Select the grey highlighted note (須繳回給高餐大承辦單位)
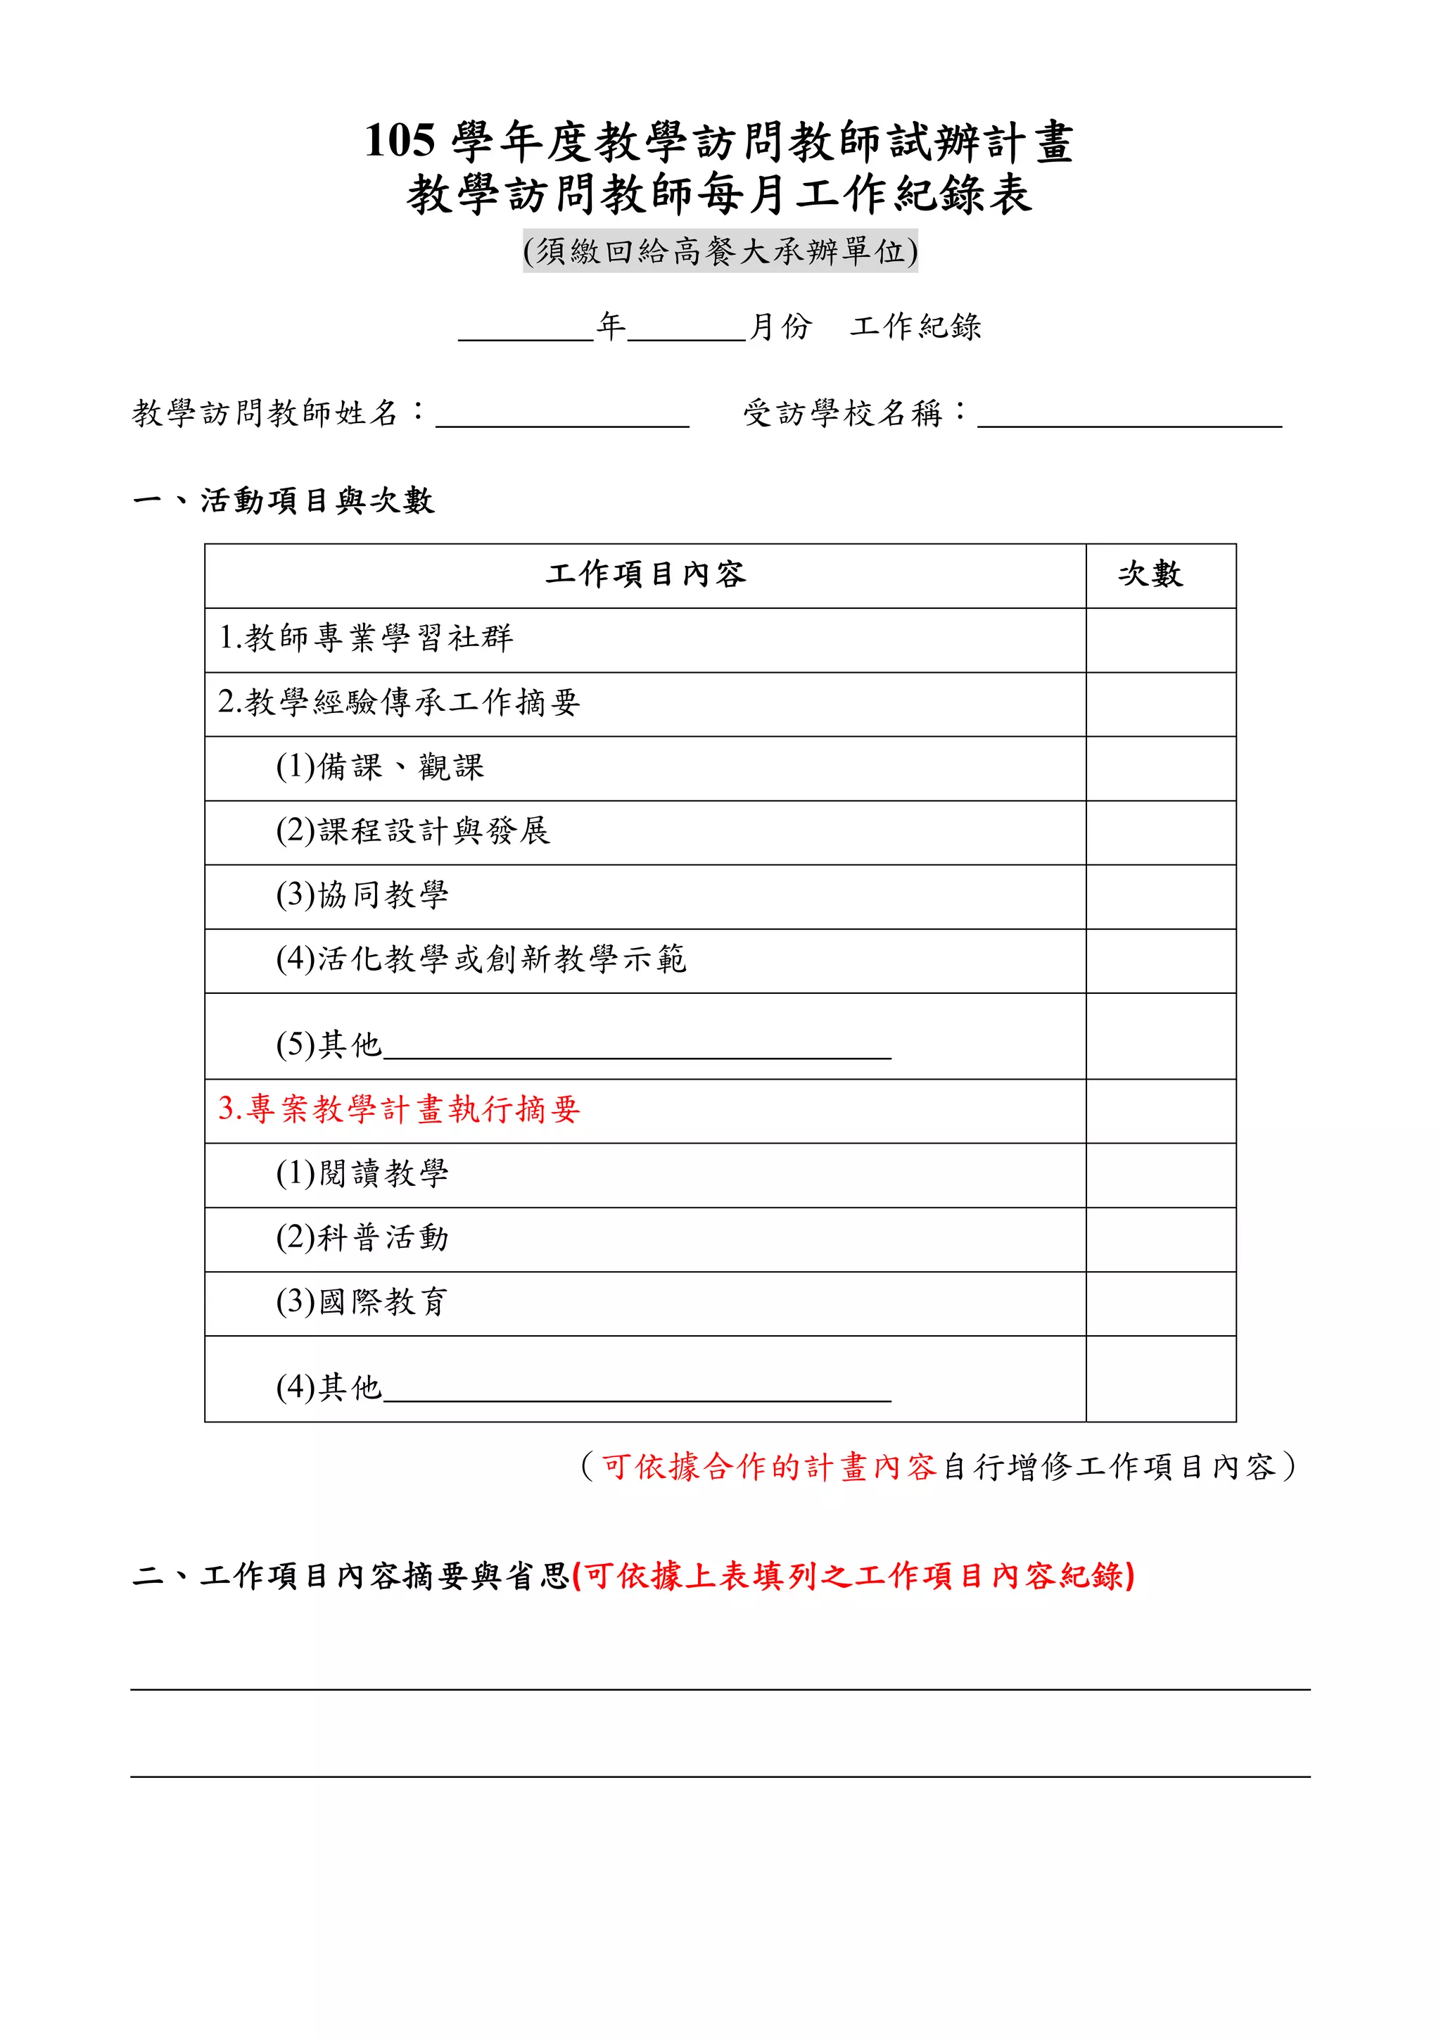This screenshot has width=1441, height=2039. (719, 251)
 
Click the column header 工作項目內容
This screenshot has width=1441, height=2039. (645, 574)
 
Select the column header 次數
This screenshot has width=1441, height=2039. (1150, 574)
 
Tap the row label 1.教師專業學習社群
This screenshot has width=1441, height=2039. (366, 638)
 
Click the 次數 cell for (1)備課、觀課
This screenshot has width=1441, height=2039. (1160, 768)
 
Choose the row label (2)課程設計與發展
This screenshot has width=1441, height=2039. (413, 831)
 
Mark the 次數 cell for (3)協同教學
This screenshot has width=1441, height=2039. (1160, 897)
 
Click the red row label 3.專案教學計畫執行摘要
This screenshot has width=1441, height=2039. (399, 1109)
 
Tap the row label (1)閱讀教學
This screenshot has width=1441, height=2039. (362, 1174)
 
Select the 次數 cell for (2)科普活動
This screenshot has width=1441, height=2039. (1160, 1239)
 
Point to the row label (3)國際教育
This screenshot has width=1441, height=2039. (362, 1303)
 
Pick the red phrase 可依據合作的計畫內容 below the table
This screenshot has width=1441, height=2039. (769, 1466)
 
